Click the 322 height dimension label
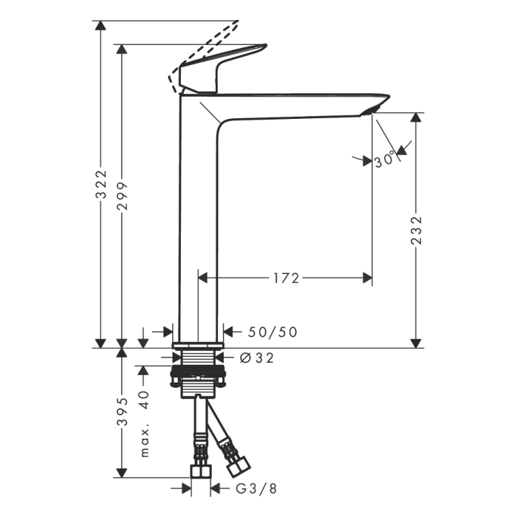[101, 185]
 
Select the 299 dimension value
[123, 196]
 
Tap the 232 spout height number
[417, 230]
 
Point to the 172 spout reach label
[287, 278]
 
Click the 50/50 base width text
[273, 332]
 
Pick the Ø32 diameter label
[257, 357]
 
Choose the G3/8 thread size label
[256, 489]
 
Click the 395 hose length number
[123, 411]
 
